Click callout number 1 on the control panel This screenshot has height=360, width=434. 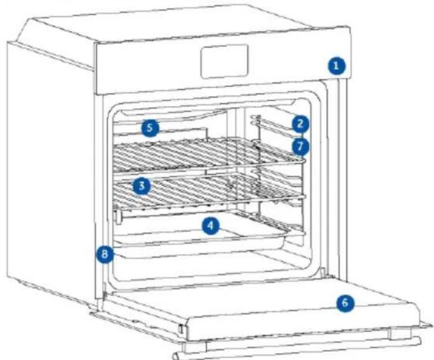coord(336,66)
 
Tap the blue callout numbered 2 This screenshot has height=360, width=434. coord(300,124)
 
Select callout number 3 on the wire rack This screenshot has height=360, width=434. coord(141,186)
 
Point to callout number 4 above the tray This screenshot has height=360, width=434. coord(210,226)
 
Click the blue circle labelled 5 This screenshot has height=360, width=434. coord(150,128)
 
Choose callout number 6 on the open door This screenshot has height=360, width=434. coord(345,302)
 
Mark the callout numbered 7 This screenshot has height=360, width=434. coord(300,146)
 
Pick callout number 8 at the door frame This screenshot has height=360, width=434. coord(105,254)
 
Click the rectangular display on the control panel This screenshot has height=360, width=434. coord(224,61)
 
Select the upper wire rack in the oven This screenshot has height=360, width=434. coord(208,155)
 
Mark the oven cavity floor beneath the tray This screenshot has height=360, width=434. coord(210,265)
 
